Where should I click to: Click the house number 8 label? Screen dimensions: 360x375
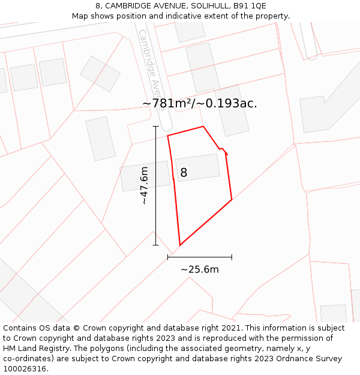pyautogui.click(x=184, y=173)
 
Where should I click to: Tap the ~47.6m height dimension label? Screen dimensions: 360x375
pyautogui.click(x=144, y=186)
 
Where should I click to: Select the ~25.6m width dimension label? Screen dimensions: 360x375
pyautogui.click(x=200, y=269)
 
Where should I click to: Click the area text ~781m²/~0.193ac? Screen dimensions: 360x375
pyautogui.click(x=200, y=103)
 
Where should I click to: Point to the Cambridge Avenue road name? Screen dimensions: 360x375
pyautogui.click(x=152, y=66)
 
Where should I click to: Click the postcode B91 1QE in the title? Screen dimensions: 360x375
pyautogui.click(x=250, y=6)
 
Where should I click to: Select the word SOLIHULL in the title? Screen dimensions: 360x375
pyautogui.click(x=206, y=6)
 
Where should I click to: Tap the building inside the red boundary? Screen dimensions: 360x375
pyautogui.click(x=198, y=167)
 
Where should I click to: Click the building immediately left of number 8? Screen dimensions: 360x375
pyautogui.click(x=145, y=175)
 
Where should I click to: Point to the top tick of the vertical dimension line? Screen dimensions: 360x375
pyautogui.click(x=156, y=127)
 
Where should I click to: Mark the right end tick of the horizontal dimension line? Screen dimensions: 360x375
pyautogui.click(x=232, y=257)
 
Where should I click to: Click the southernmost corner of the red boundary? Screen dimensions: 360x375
pyautogui.click(x=179, y=245)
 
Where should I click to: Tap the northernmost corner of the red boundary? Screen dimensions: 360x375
pyautogui.click(x=203, y=126)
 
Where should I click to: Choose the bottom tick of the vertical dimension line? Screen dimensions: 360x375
pyautogui.click(x=156, y=245)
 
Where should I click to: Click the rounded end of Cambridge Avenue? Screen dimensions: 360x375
pyautogui.click(x=166, y=128)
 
